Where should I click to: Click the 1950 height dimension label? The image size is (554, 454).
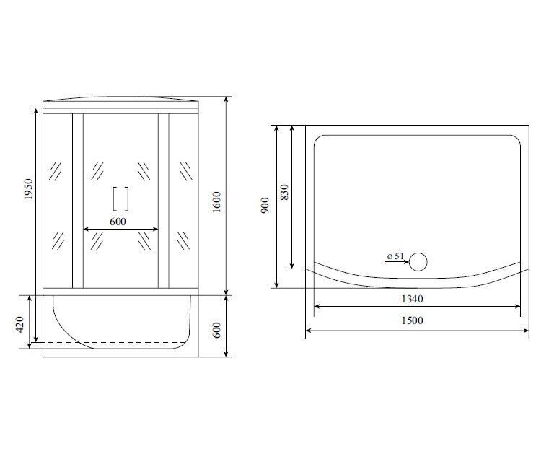(x=28, y=189)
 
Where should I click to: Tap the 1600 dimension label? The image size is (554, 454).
(x=216, y=202)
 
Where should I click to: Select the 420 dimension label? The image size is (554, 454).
(x=19, y=324)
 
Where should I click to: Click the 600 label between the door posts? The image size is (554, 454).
(x=118, y=222)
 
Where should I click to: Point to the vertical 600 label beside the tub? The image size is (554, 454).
(x=217, y=330)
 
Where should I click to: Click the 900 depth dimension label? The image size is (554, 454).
(x=265, y=205)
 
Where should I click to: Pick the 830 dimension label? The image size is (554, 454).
(x=284, y=192)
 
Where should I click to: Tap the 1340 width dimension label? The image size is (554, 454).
(x=412, y=299)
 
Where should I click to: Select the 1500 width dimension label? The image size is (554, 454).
(x=412, y=320)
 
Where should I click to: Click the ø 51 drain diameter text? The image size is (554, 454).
(x=395, y=256)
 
